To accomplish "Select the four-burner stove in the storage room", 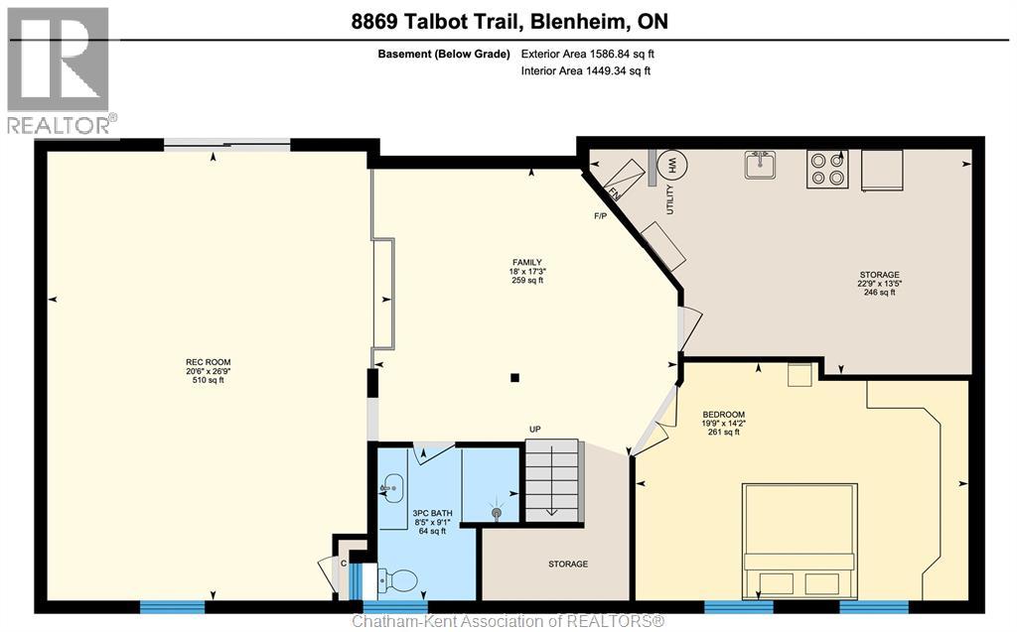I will click(826, 169).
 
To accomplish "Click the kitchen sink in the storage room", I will click(761, 165).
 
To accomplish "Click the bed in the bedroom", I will click(799, 541).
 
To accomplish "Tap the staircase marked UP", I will click(552, 480).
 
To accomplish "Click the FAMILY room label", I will click(526, 261).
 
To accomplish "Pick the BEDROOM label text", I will click(723, 414).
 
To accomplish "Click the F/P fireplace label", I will click(600, 215).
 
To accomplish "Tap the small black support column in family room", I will click(514, 377).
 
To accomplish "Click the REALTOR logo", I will click(59, 69).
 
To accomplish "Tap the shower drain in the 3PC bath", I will click(498, 513).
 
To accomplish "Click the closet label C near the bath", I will click(344, 563).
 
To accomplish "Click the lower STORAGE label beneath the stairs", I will click(567, 564).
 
